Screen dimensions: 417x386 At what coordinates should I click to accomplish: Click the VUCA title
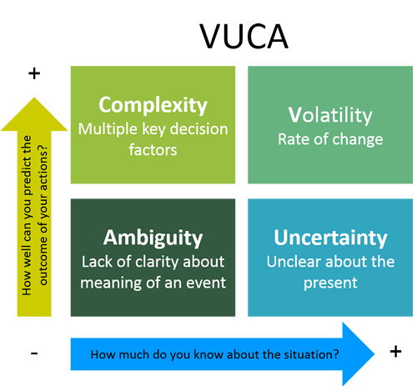tap(244, 36)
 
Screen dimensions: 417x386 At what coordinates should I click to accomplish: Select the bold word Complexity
tap(153, 106)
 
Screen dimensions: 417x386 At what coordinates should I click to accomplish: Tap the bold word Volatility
tap(330, 115)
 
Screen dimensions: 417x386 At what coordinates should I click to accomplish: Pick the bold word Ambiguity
tap(153, 238)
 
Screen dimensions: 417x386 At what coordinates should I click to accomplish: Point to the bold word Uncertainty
tap(330, 238)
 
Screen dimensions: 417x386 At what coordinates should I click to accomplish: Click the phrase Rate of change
tap(330, 139)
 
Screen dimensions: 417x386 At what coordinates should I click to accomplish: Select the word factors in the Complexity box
tap(153, 150)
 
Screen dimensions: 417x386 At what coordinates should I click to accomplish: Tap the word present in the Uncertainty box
tap(330, 283)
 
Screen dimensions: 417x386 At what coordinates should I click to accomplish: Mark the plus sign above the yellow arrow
tap(34, 73)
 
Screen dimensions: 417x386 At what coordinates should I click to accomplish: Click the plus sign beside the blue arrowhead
tap(395, 351)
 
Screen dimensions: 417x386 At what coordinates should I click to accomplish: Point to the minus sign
tap(34, 353)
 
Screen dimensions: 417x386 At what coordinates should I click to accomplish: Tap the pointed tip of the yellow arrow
tap(34, 98)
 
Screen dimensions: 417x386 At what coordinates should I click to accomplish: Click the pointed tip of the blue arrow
tap(374, 354)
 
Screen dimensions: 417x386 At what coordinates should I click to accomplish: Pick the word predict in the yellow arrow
tap(28, 178)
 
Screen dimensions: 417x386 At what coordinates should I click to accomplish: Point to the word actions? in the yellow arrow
tap(43, 167)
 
